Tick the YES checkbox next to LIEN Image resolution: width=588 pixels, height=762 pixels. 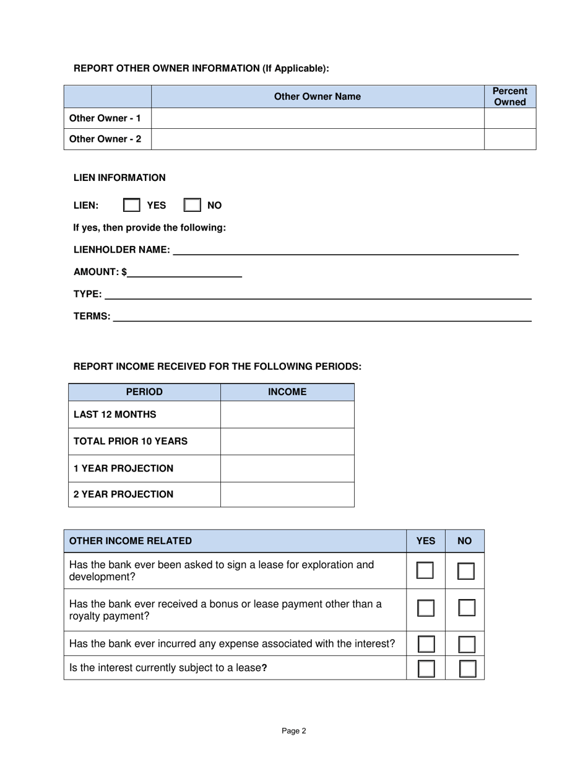[x=131, y=205]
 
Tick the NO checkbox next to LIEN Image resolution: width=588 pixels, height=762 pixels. [x=192, y=205]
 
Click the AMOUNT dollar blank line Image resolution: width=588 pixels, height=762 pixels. [x=184, y=272]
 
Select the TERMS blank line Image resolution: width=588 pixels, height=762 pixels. [x=322, y=316]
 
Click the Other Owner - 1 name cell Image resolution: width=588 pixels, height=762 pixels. [x=317, y=118]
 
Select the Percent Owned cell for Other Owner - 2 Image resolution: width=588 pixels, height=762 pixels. [x=509, y=139]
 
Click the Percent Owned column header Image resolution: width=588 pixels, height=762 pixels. [x=509, y=97]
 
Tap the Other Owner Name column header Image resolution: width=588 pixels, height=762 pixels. [x=317, y=97]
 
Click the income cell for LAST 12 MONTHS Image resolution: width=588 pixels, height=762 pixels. [x=287, y=414]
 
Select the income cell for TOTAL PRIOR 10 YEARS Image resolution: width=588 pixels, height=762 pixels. [x=287, y=441]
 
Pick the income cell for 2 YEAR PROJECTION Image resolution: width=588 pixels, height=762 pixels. [x=287, y=494]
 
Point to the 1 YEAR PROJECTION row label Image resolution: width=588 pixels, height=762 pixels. [x=123, y=468]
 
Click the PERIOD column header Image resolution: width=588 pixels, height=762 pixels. [x=144, y=392]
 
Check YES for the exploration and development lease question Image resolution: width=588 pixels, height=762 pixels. [x=425, y=571]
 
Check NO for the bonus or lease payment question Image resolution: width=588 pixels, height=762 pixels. [x=466, y=608]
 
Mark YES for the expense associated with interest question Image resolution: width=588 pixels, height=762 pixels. [x=426, y=644]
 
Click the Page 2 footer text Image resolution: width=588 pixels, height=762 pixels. [x=294, y=731]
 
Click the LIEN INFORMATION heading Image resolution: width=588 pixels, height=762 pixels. [x=119, y=178]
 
